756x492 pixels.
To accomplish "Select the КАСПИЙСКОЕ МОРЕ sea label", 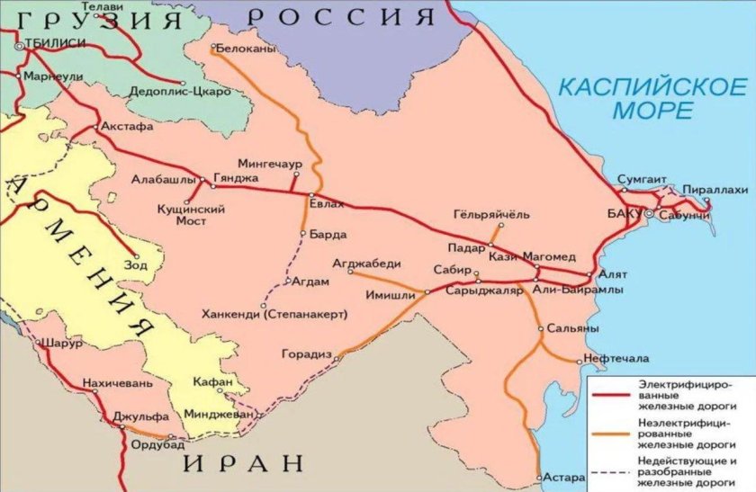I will (x=652, y=99).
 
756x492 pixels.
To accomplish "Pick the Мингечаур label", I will (x=268, y=164).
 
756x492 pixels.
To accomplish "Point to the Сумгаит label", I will (x=642, y=180).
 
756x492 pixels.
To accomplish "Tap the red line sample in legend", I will (x=612, y=393).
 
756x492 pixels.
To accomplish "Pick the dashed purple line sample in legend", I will (x=612, y=470).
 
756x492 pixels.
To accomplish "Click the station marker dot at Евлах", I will (x=310, y=195).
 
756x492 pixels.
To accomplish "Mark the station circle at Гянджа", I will (x=213, y=186).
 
